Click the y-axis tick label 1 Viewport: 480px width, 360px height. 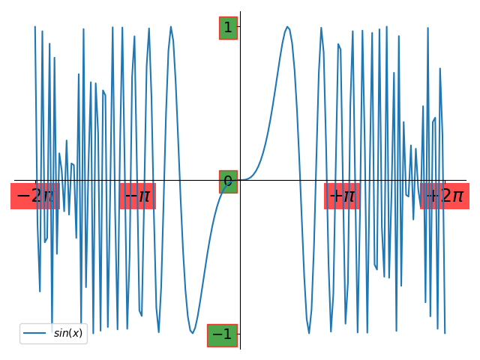point(228,28)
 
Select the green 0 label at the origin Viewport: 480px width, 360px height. point(228,181)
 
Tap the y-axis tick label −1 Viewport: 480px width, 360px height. point(222,334)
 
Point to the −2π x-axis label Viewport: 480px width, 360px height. point(34,196)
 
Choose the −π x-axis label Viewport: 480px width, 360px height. point(137,196)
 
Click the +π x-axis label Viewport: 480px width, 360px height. point(342,196)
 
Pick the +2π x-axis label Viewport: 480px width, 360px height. point(445,196)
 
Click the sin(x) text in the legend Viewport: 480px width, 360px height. point(68,333)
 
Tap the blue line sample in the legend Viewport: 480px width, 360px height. point(36,333)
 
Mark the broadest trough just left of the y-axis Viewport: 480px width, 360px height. point(193,333)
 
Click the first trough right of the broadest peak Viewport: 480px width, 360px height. point(308,333)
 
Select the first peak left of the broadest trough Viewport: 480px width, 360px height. point(171,26)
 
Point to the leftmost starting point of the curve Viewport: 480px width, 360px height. point(34,26)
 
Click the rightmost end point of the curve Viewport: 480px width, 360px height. point(445,333)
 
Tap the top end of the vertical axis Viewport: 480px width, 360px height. point(240,12)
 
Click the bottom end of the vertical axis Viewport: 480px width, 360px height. point(240,348)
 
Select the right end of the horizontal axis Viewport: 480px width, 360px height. point(466,180)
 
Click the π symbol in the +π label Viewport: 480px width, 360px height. point(349,197)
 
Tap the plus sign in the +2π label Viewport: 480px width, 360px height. point(432,196)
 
